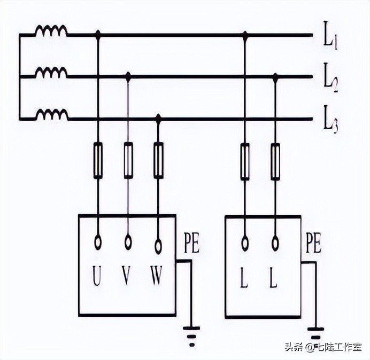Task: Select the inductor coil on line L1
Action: point(51,31)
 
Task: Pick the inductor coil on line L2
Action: point(51,73)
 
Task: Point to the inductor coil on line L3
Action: point(51,114)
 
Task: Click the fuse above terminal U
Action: point(98,160)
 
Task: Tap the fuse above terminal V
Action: point(128,160)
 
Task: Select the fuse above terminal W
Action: point(158,160)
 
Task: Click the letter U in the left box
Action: point(97,277)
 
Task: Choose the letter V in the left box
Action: point(127,277)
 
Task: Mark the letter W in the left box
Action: point(157,277)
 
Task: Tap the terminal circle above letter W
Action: point(158,246)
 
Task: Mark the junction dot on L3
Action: point(158,118)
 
